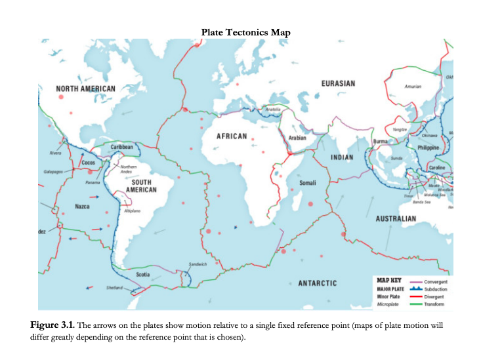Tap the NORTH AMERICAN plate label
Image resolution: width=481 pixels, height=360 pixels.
[x=85, y=89]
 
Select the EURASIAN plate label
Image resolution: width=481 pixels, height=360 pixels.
[x=339, y=83]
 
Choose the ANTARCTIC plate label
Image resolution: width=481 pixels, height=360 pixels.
[x=317, y=283]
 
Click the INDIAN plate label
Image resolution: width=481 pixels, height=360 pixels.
[x=341, y=157]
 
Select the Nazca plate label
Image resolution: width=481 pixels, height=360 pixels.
[x=83, y=207]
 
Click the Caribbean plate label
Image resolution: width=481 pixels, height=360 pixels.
[x=122, y=148]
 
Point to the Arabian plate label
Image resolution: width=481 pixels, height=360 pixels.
[x=297, y=139]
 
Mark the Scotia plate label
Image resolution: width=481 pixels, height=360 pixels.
[x=142, y=273]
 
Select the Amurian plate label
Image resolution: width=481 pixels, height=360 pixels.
[x=413, y=87]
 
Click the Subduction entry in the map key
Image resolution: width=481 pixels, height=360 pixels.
[x=435, y=289]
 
